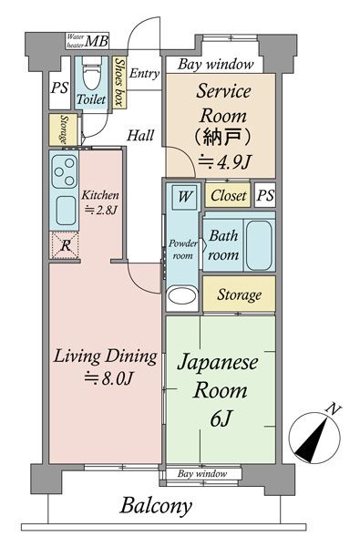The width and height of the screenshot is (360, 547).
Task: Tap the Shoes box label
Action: point(119,82)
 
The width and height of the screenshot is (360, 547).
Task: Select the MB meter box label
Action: point(97,42)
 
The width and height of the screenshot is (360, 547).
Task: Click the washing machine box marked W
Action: point(184,197)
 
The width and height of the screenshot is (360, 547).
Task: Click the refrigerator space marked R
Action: point(66,245)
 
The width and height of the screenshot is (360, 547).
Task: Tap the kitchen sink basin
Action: point(66,211)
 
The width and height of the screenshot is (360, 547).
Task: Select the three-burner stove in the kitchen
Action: point(65,171)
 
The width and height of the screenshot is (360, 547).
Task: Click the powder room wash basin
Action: point(181,295)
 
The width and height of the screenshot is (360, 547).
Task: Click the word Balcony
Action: point(156,507)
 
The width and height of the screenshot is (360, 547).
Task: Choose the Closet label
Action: point(229,196)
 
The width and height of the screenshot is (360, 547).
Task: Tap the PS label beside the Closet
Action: point(265,196)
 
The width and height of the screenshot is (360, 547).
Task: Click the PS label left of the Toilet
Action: point(59,88)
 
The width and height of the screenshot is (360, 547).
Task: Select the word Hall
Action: point(140,135)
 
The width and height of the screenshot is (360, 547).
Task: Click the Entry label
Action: point(144,73)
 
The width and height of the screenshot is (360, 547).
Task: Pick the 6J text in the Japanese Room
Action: point(221,418)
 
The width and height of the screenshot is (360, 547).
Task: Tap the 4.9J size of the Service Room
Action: point(225,162)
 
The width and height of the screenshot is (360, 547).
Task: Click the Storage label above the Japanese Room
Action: point(239,295)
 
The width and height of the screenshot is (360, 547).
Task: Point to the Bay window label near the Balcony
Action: point(202,474)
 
